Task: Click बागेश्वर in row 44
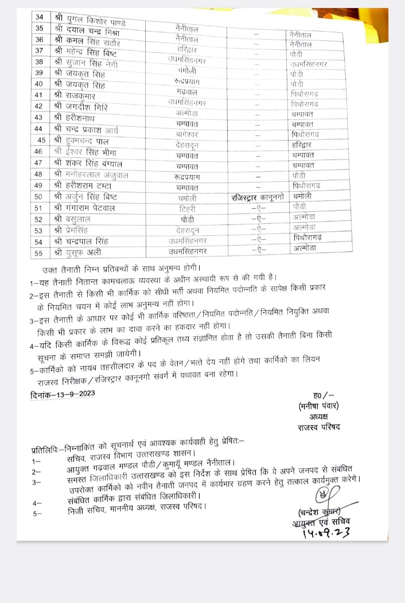point(188,137)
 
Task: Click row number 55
point(40,252)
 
